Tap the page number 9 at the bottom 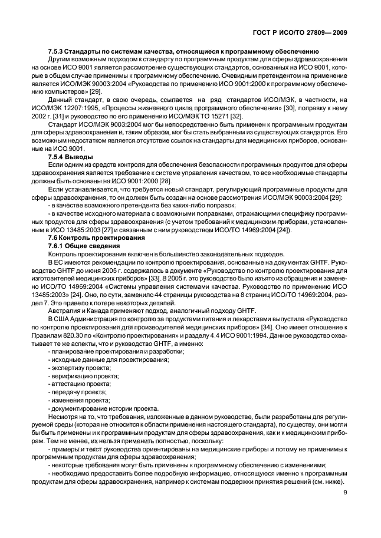coord(344,502)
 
